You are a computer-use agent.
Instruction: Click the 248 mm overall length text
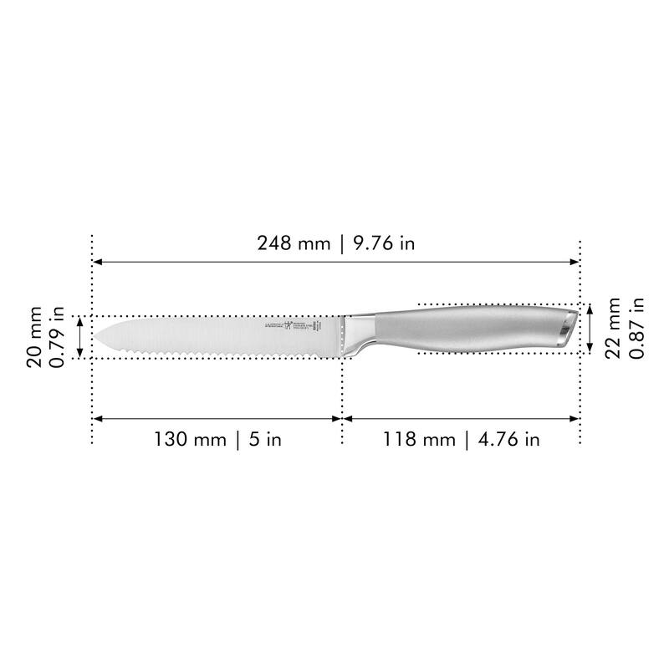coord(294,243)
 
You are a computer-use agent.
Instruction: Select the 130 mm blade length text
coord(190,439)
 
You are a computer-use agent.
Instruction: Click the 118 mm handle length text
coord(420,439)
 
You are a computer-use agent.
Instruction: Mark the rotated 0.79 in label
coord(59,337)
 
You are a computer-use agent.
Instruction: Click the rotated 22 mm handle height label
coord(613,328)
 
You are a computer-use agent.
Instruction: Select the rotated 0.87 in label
coord(636,328)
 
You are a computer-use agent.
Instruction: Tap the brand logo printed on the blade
coord(289,326)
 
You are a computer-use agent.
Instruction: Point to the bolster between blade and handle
coord(358,332)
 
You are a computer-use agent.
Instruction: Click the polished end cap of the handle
coord(568,327)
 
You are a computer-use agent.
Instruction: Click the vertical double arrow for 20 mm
coord(79,337)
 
